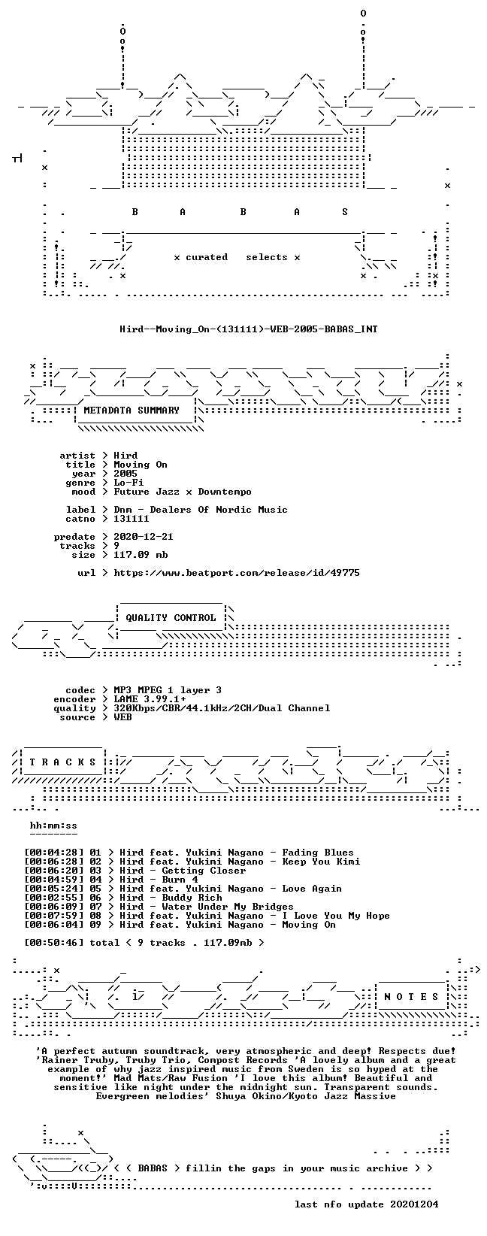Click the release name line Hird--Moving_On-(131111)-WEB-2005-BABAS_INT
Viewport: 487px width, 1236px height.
pyautogui.click(x=249, y=329)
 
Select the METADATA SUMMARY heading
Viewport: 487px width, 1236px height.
pyautogui.click(x=132, y=410)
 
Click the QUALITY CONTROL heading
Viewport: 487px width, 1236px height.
pyautogui.click(x=171, y=618)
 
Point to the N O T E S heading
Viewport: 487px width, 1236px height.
pyautogui.click(x=411, y=996)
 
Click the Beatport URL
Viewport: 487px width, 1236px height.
pyautogui.click(x=237, y=574)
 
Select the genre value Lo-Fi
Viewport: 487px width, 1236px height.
pyautogui.click(x=129, y=483)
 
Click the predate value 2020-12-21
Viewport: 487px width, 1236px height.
pyautogui.click(x=144, y=536)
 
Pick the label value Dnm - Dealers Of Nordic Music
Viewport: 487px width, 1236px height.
pyautogui.click(x=201, y=510)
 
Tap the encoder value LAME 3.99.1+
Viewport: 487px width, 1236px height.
pyautogui.click(x=150, y=699)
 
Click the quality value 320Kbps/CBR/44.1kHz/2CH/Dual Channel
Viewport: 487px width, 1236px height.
pyautogui.click(x=222, y=708)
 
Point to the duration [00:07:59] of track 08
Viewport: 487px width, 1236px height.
pyautogui.click(x=50, y=916)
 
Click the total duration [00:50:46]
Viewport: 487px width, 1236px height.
pyautogui.click(x=50, y=943)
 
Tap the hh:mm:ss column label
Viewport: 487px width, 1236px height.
pyautogui.click(x=53, y=826)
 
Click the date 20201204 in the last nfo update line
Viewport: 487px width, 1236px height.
pyautogui.click(x=414, y=1204)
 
